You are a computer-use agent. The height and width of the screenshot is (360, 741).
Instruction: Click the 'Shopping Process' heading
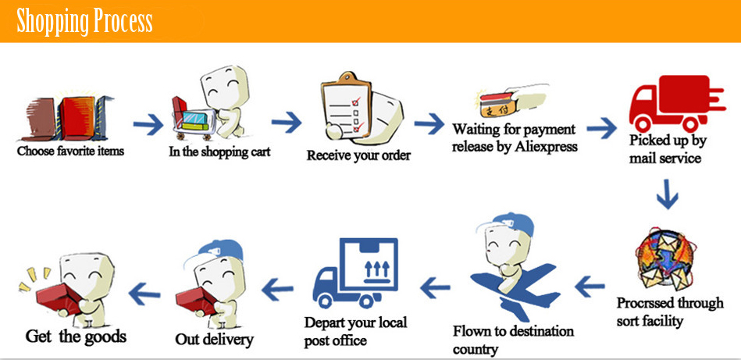pyautogui.click(x=84, y=21)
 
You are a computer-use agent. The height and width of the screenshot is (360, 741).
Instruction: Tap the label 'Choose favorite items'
pyautogui.click(x=70, y=150)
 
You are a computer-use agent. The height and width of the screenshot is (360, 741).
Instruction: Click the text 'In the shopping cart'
pyautogui.click(x=219, y=151)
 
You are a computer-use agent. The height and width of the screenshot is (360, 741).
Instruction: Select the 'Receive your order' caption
pyautogui.click(x=358, y=155)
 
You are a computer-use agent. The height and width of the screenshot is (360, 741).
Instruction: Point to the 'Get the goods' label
pyautogui.click(x=76, y=337)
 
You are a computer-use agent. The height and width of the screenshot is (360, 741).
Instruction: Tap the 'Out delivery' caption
pyautogui.click(x=214, y=339)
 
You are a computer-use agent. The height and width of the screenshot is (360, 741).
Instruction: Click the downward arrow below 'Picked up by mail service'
pyautogui.click(x=666, y=194)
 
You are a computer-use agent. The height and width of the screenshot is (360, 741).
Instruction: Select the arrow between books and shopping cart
pyautogui.click(x=148, y=123)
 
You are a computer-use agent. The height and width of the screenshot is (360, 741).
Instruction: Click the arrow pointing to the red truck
pyautogui.click(x=602, y=127)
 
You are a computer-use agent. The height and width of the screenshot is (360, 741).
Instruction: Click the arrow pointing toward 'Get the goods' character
pyautogui.click(x=144, y=293)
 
